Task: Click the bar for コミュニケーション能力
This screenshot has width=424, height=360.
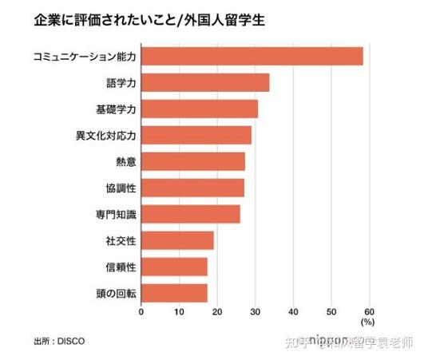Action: (x=252, y=56)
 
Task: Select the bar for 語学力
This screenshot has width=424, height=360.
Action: (x=205, y=82)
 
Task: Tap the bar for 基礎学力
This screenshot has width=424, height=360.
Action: (x=200, y=109)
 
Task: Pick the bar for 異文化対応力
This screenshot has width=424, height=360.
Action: (x=196, y=135)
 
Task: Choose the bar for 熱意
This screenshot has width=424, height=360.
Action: (x=193, y=161)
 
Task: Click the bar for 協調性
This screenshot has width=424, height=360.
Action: (x=192, y=188)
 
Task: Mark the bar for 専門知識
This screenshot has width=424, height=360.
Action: (x=191, y=214)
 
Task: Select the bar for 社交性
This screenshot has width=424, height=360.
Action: (x=177, y=240)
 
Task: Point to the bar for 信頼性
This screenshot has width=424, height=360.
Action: (x=174, y=267)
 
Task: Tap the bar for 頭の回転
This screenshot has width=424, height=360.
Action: (x=174, y=293)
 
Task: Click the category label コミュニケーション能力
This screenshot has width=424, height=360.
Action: (x=85, y=57)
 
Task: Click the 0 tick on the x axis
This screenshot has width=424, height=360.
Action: (x=141, y=311)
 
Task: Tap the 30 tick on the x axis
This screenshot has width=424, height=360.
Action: (x=255, y=311)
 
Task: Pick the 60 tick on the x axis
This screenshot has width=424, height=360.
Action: (x=369, y=311)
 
